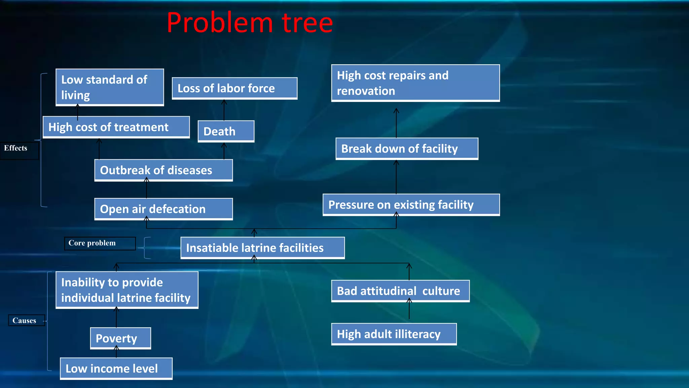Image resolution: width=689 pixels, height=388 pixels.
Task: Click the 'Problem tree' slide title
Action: (x=250, y=23)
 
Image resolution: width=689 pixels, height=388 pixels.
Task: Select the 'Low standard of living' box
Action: (x=110, y=87)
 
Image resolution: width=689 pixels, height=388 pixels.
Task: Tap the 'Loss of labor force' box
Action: (x=234, y=88)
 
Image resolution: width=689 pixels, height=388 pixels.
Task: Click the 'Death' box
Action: (x=226, y=131)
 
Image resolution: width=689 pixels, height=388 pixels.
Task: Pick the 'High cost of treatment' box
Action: (x=116, y=127)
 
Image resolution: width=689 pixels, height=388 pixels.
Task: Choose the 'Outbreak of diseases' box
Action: (x=164, y=170)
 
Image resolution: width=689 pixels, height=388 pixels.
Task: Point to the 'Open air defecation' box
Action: (x=164, y=209)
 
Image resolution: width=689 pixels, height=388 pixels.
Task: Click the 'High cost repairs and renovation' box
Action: (x=415, y=83)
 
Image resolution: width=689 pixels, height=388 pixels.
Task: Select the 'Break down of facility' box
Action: (x=407, y=149)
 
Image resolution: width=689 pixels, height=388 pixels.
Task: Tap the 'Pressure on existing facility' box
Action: (x=411, y=205)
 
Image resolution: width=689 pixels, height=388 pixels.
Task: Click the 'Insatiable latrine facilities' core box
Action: (x=262, y=248)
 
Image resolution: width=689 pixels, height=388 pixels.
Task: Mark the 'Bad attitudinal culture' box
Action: (x=400, y=291)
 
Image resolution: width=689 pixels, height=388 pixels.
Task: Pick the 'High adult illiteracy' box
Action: (x=394, y=334)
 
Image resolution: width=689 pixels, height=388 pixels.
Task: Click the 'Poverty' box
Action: (x=120, y=338)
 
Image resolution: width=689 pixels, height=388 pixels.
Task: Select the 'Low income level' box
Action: (x=116, y=368)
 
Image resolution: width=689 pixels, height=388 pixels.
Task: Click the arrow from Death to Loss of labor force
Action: (x=224, y=110)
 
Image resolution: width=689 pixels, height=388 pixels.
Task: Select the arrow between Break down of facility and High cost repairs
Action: (x=396, y=123)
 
